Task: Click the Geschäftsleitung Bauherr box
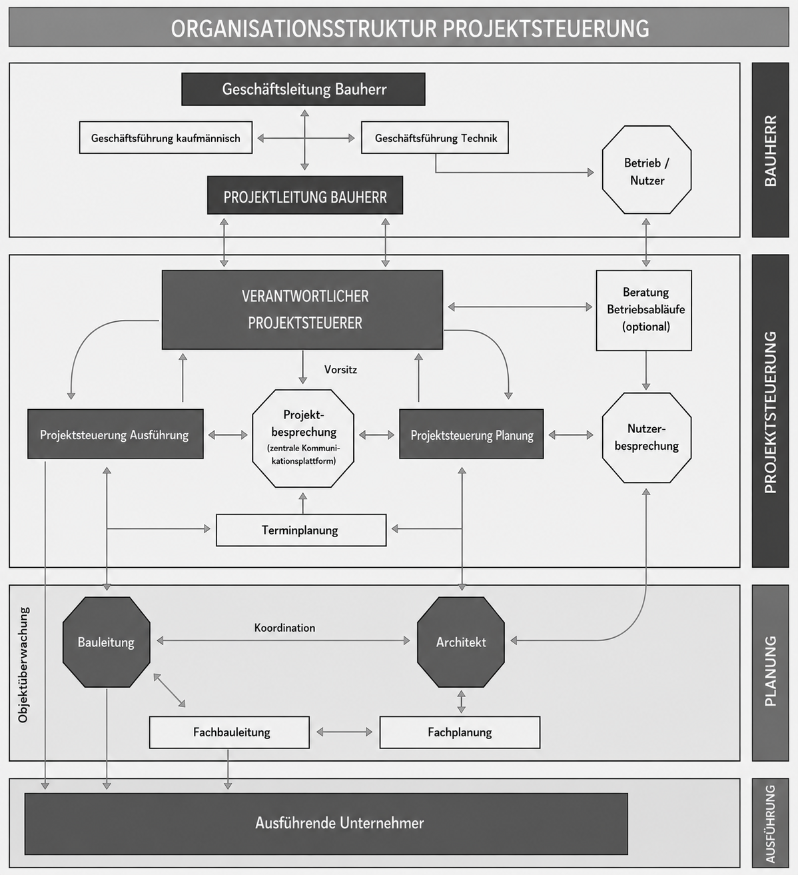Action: click(303, 89)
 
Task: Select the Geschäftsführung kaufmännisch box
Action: click(166, 137)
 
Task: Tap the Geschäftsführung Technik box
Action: click(435, 137)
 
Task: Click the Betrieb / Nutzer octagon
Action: click(647, 170)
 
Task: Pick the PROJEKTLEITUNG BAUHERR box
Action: click(305, 195)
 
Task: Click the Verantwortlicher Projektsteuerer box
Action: click(302, 310)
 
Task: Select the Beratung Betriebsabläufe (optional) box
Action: click(644, 310)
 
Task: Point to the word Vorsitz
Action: click(340, 369)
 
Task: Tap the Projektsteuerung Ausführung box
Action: click(115, 434)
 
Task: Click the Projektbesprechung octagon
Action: click(303, 438)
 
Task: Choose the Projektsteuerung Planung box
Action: click(472, 434)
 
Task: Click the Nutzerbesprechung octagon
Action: click(647, 437)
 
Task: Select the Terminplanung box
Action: click(301, 530)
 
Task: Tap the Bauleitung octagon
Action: click(107, 642)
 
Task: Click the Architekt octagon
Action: click(461, 642)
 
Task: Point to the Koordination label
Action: click(284, 628)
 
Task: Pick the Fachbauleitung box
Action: click(229, 732)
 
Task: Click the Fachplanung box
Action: click(460, 732)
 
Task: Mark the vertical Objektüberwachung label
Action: click(23, 664)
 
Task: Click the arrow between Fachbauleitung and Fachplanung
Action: click(344, 732)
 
